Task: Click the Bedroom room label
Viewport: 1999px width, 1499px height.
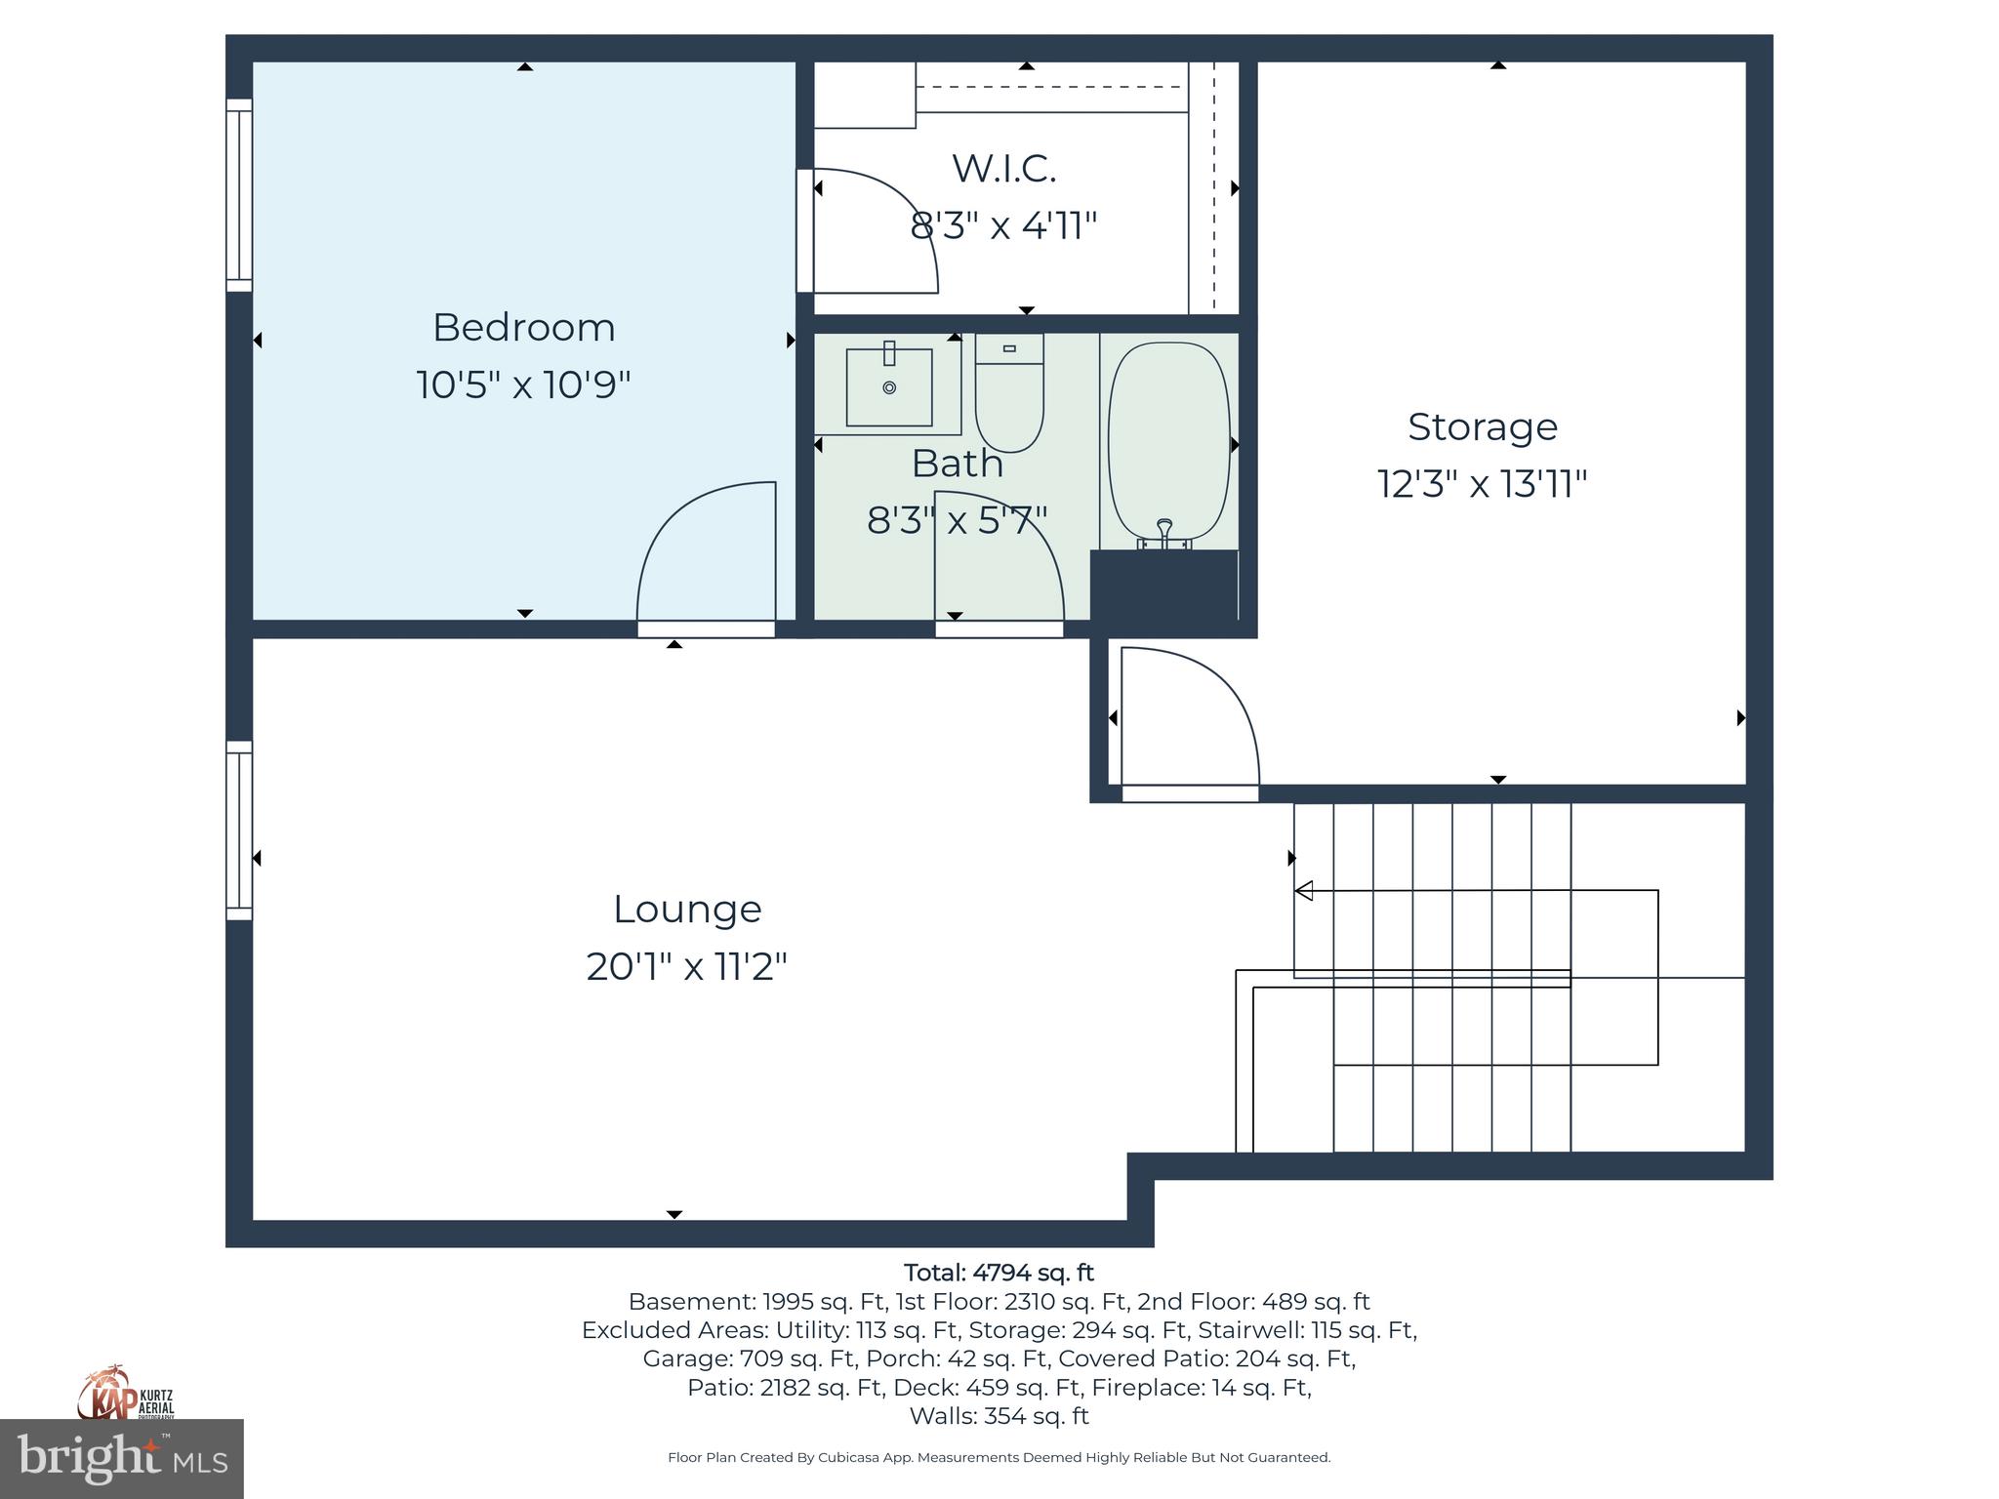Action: [x=523, y=328]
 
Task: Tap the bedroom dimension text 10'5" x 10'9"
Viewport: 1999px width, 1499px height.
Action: [x=523, y=385]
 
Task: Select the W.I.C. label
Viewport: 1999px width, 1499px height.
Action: [x=1003, y=169]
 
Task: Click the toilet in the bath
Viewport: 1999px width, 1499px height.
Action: [x=1009, y=392]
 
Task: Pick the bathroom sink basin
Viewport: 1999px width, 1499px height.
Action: [x=888, y=387]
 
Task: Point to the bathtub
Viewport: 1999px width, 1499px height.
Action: [x=1168, y=441]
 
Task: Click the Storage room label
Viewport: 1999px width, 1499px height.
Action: [x=1482, y=427]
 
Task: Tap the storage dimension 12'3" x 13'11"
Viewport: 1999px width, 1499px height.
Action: [x=1482, y=484]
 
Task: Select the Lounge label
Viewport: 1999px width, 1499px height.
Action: [x=686, y=910]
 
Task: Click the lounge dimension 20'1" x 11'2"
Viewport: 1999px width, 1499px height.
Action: [x=686, y=967]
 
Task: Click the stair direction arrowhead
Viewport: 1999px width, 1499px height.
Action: [x=1304, y=890]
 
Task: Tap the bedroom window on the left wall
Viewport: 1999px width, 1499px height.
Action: [x=239, y=195]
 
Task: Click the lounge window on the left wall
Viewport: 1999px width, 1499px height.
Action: [x=239, y=831]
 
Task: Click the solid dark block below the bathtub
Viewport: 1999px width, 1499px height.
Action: [x=1163, y=586]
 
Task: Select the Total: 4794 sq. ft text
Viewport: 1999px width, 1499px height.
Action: [x=999, y=1273]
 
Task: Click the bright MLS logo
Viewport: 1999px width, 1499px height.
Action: [x=121, y=1458]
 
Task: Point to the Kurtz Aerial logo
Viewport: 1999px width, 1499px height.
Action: [x=126, y=1394]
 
